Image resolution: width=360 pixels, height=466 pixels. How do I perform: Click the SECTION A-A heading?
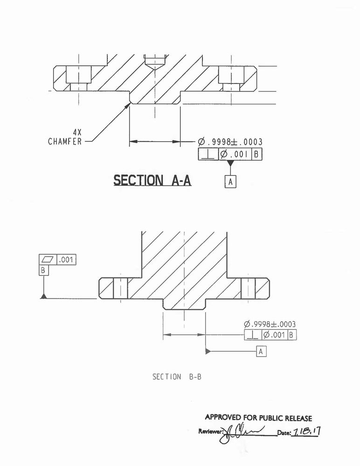pyautogui.click(x=152, y=181)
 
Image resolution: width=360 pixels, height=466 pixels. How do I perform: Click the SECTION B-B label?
pyautogui.click(x=177, y=376)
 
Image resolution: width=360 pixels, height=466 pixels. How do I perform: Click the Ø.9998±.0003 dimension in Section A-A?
pyautogui.click(x=230, y=142)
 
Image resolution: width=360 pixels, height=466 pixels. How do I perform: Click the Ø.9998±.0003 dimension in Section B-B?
pyautogui.click(x=270, y=324)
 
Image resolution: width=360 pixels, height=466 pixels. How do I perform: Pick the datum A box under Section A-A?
pyautogui.click(x=230, y=181)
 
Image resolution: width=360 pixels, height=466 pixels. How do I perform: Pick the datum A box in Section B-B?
pyautogui.click(x=261, y=351)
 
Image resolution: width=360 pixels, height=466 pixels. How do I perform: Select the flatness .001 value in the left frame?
pyautogui.click(x=67, y=260)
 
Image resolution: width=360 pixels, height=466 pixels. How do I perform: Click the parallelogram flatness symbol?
pyautogui.click(x=49, y=260)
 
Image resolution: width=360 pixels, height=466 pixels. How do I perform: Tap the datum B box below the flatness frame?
pyautogui.click(x=44, y=270)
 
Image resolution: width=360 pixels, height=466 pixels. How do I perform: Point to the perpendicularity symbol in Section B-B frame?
pyautogui.click(x=252, y=335)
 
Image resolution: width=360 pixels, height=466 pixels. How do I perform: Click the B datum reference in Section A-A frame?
pyautogui.click(x=256, y=154)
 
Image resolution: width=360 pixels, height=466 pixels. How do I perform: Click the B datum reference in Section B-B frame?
pyautogui.click(x=291, y=335)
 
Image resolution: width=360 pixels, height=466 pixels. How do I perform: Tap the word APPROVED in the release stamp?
pyautogui.click(x=223, y=418)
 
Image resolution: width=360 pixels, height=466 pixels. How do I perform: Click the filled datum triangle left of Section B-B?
pyautogui.click(x=43, y=297)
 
